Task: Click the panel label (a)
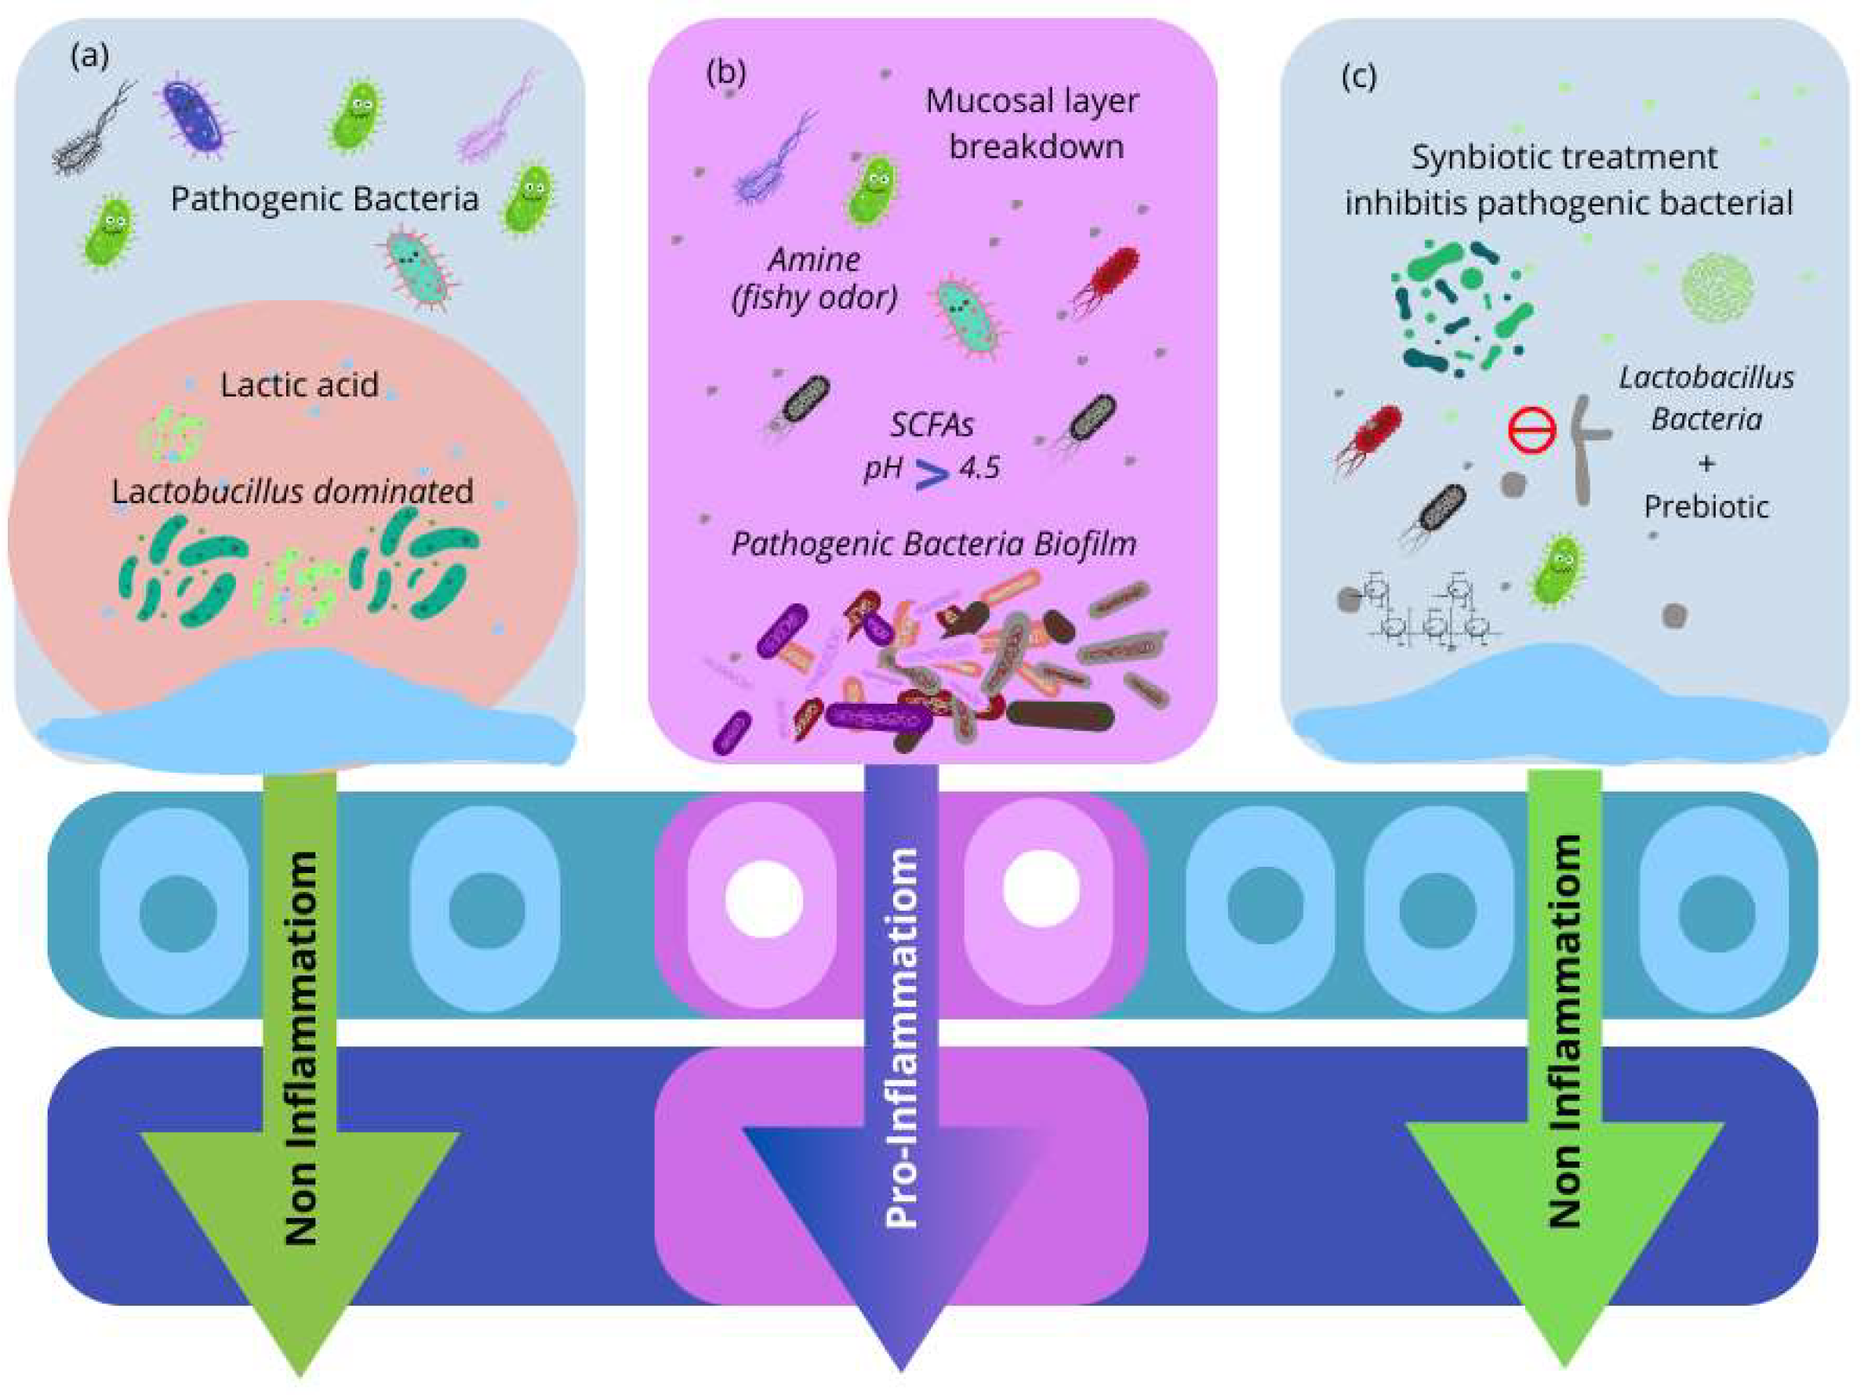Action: point(90,56)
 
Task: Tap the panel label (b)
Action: point(725,74)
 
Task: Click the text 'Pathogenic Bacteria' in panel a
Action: point(325,200)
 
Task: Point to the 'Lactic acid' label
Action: point(299,385)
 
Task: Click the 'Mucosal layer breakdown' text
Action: point(1033,124)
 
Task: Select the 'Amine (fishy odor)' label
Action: point(814,278)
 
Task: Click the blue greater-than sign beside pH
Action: point(932,475)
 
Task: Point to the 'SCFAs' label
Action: point(932,426)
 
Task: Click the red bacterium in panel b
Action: point(1105,278)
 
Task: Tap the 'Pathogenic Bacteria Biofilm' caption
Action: point(934,544)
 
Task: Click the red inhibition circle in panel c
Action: point(1532,430)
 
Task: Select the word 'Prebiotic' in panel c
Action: point(1706,506)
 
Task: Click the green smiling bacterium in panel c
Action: point(1557,571)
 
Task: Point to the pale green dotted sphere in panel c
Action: point(1717,288)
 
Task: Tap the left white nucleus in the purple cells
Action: point(764,900)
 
